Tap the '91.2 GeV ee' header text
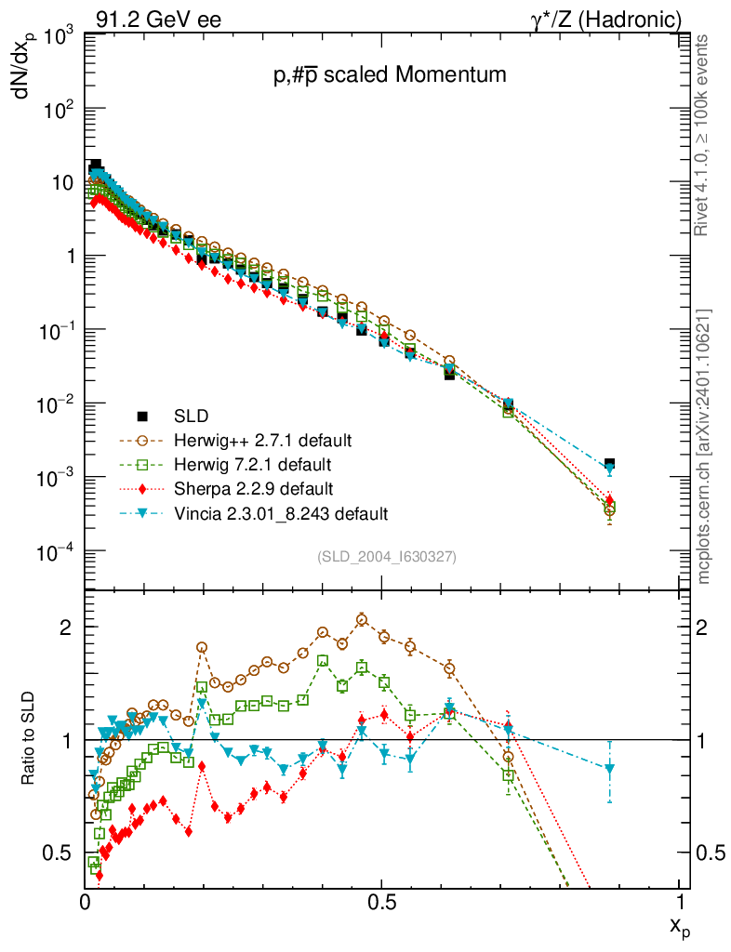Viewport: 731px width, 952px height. point(158,20)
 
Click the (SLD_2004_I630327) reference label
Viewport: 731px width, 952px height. point(387,556)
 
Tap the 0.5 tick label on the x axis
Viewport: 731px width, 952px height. point(382,902)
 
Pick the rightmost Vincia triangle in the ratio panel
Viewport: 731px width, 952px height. point(609,769)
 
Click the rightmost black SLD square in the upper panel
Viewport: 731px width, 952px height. point(609,463)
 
